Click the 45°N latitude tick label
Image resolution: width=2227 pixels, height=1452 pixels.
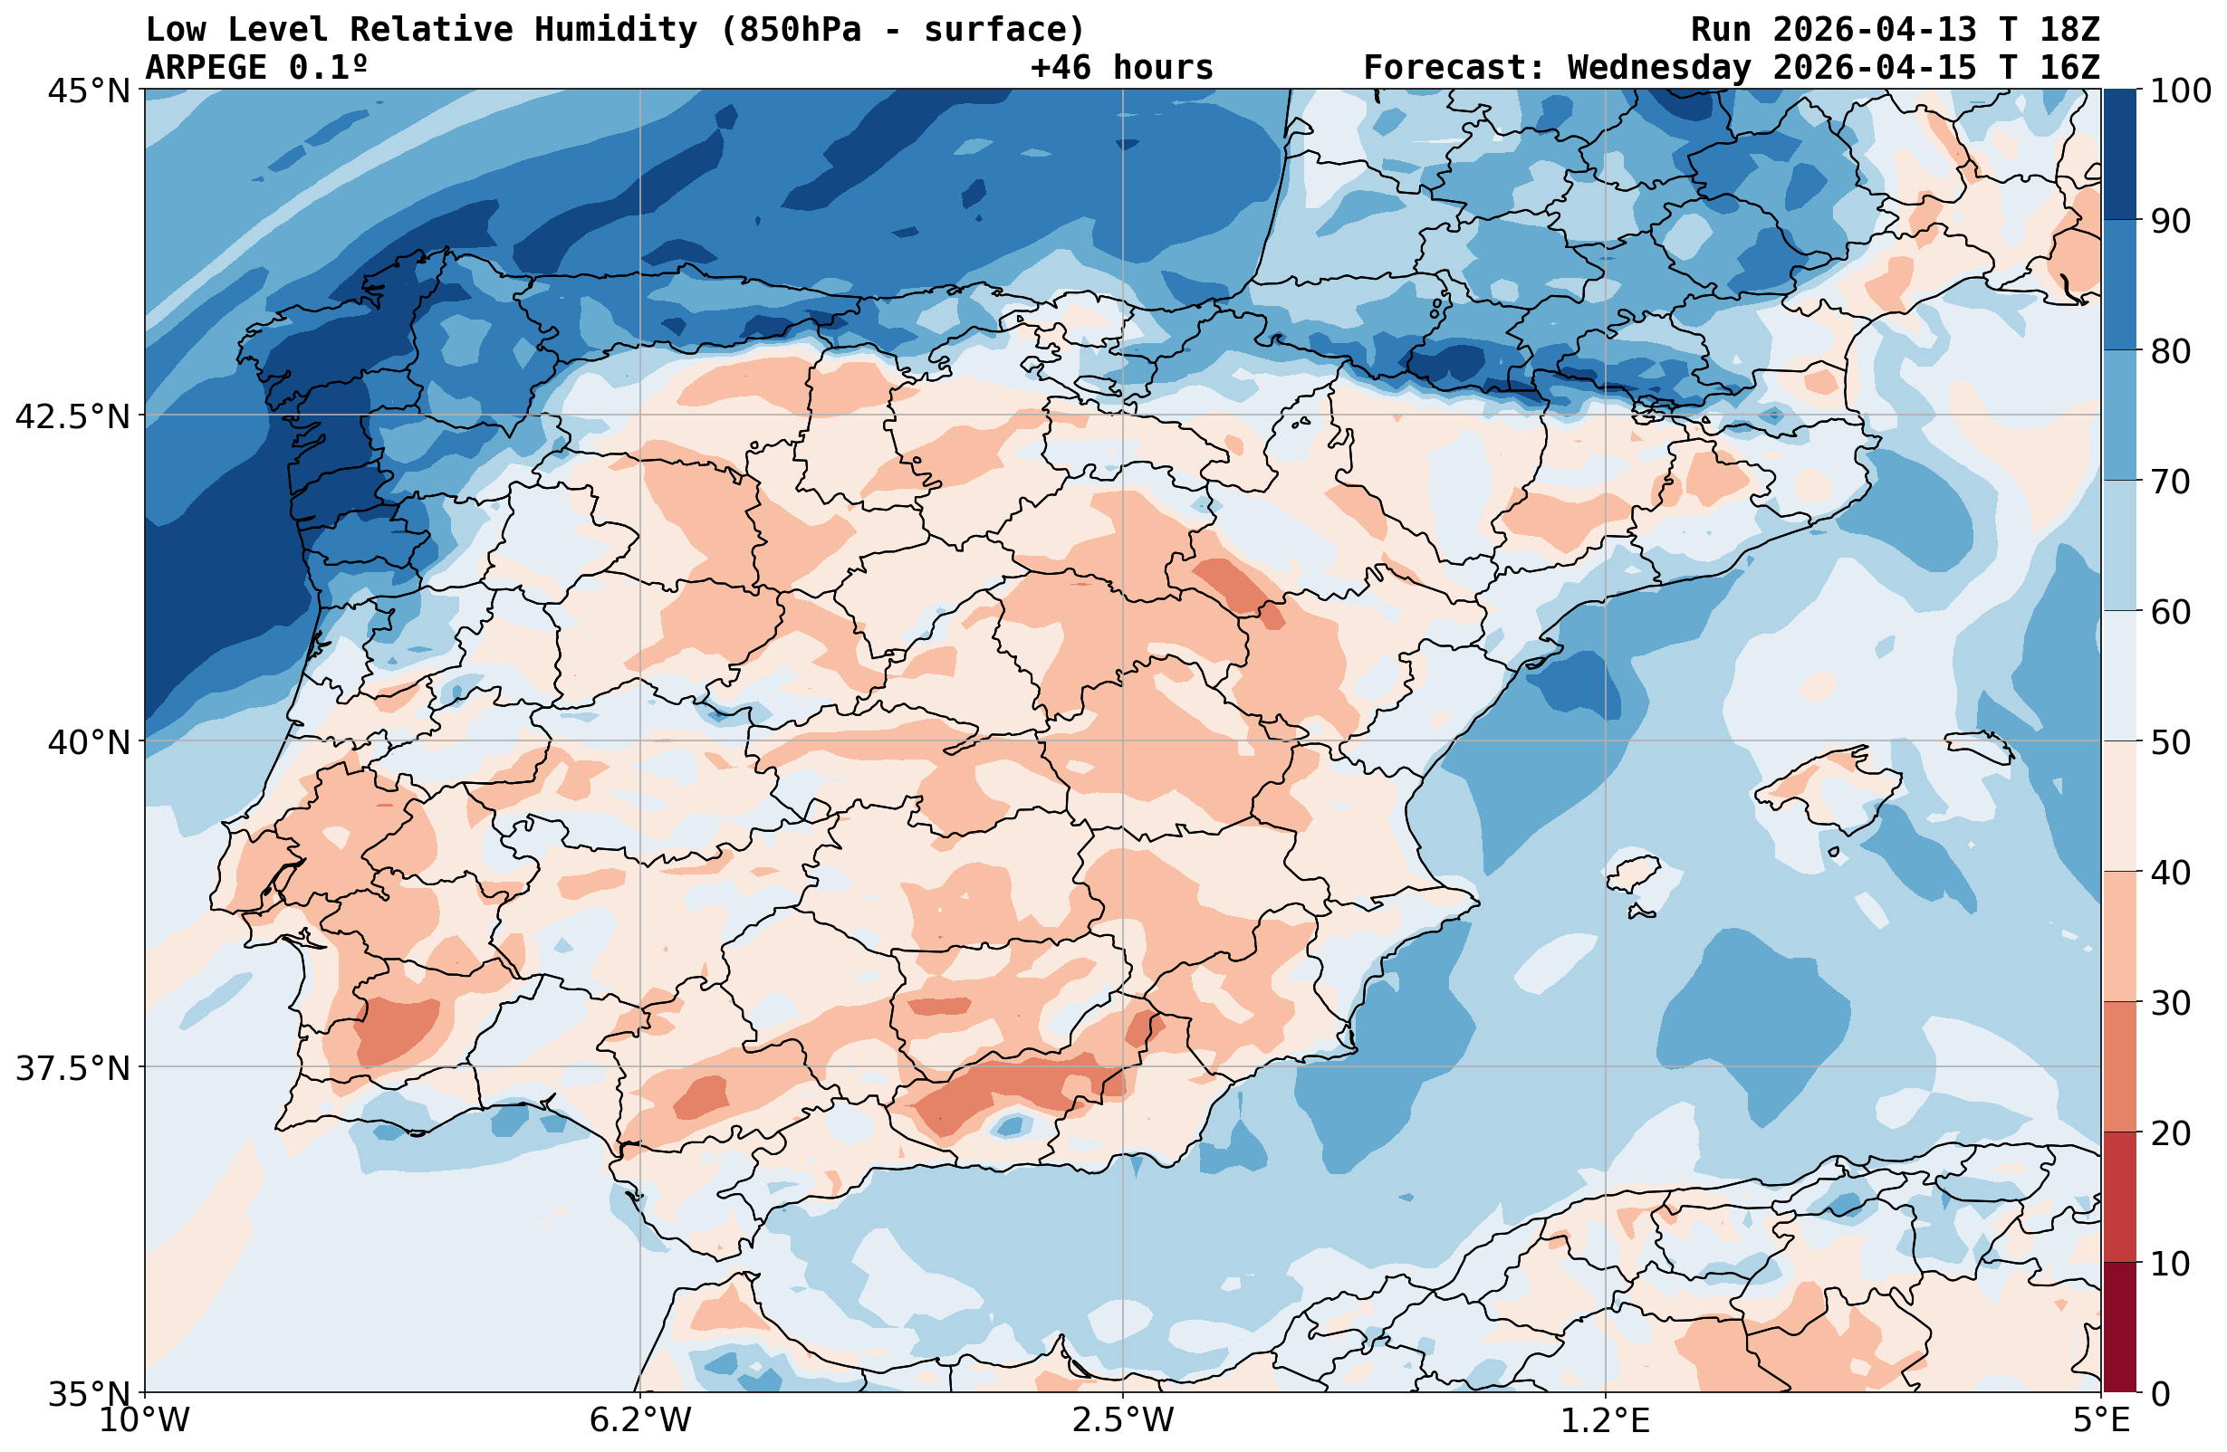89,91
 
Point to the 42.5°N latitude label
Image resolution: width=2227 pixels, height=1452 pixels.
72,416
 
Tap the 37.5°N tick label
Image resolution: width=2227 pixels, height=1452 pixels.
72,1067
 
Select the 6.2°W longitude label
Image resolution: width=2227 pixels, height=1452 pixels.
640,1420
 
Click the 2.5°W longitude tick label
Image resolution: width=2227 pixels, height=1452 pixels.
1123,1420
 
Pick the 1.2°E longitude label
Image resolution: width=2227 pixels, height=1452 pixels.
1605,1420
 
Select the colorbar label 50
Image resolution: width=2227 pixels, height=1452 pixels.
2169,743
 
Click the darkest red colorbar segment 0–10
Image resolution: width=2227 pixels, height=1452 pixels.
2119,1327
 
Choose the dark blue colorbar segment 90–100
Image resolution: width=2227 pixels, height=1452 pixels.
2119,155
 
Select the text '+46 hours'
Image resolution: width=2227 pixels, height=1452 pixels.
1121,67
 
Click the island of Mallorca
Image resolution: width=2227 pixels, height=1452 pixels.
1829,786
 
